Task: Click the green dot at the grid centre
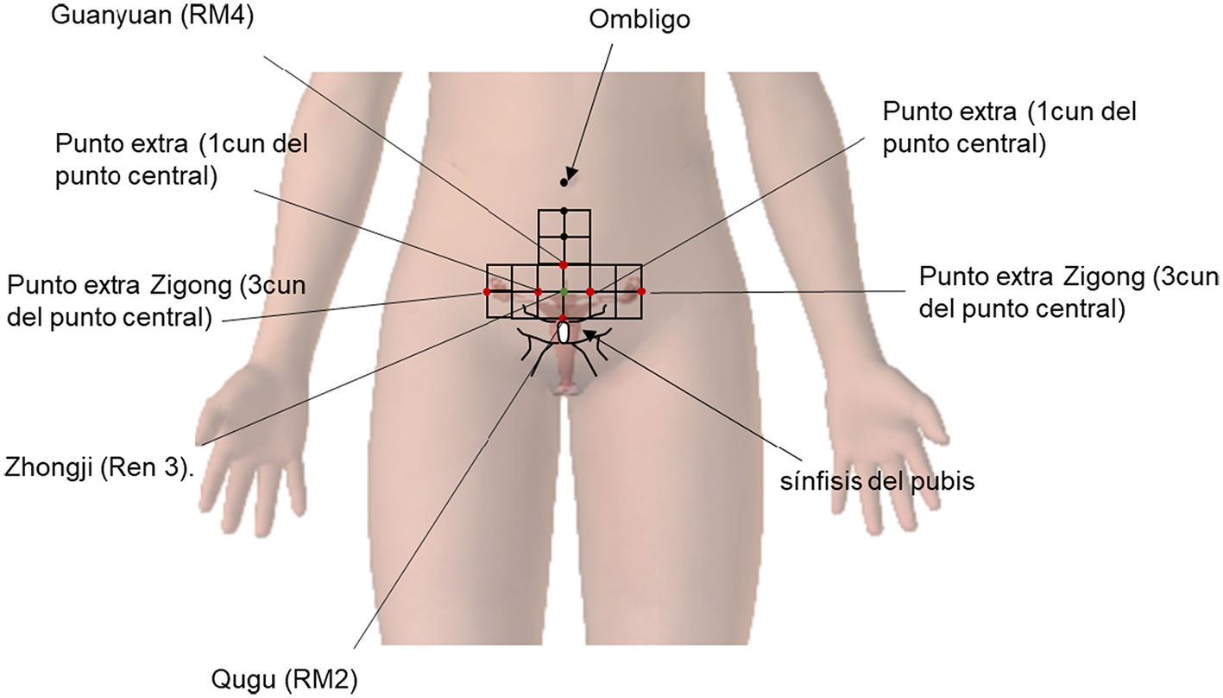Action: tap(564, 292)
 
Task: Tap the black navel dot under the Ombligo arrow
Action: tap(564, 182)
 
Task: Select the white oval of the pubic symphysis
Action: tap(564, 332)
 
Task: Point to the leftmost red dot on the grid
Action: tap(487, 292)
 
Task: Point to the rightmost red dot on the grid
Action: tap(641, 292)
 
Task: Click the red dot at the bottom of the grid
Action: tap(564, 319)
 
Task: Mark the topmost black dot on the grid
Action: tap(564, 210)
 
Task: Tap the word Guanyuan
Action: tap(117, 16)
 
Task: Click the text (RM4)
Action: tap(217, 16)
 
